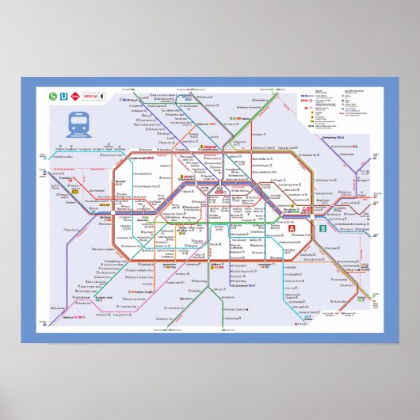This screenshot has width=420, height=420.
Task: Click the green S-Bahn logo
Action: (53, 97)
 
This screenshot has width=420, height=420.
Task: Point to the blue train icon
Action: (78, 124)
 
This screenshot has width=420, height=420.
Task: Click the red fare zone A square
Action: (291, 230)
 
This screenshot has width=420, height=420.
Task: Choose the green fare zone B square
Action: (323, 230)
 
